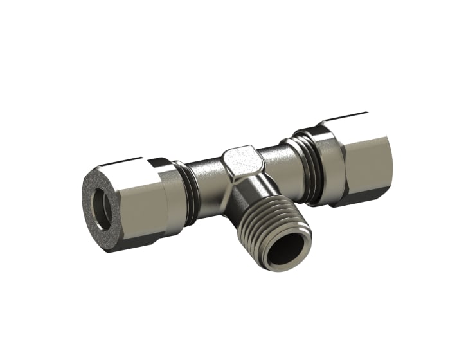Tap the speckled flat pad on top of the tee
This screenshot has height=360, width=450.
pyautogui.click(x=240, y=157)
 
